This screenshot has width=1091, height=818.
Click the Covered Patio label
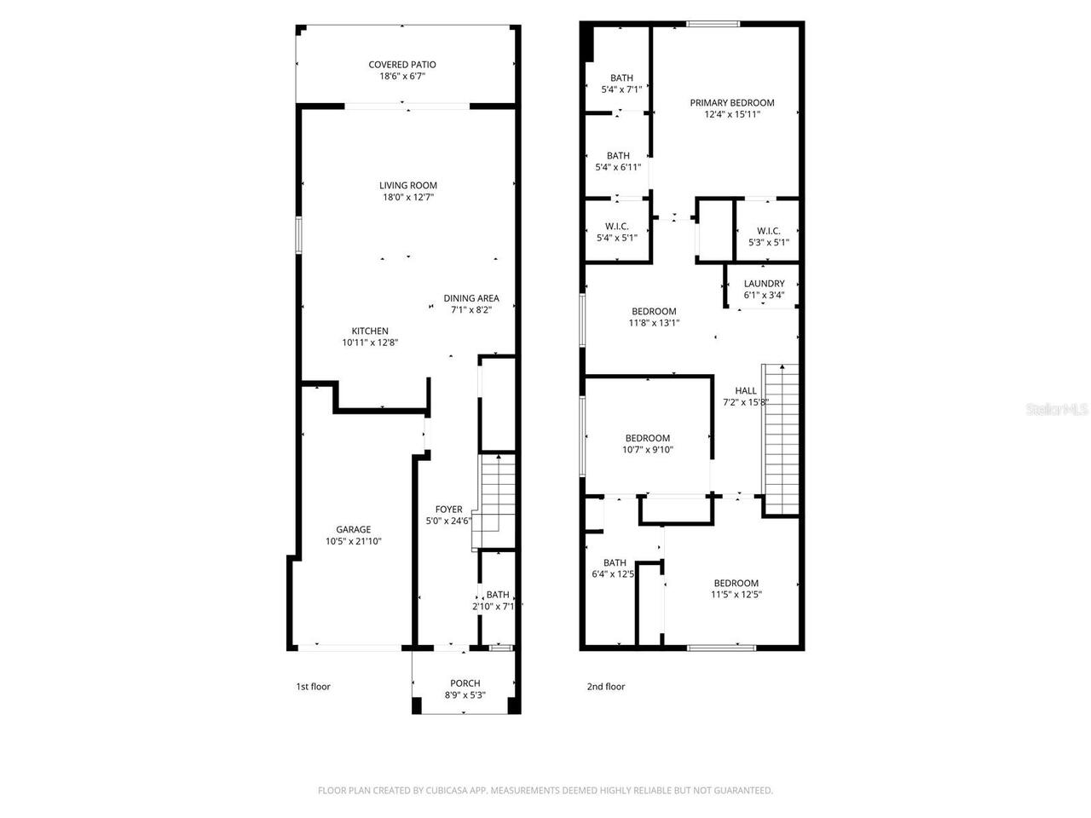tap(401, 65)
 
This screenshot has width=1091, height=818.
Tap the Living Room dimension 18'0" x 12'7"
tap(409, 198)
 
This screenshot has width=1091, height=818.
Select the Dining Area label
tap(471, 298)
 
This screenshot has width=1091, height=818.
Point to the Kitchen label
tap(370, 331)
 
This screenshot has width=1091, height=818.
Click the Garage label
tap(353, 529)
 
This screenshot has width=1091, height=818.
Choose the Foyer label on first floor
tap(448, 510)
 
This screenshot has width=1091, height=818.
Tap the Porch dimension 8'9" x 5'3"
tap(465, 695)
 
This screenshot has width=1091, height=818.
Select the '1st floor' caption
tap(313, 687)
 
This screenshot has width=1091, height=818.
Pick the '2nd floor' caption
tap(605, 687)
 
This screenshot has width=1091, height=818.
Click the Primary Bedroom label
tap(732, 103)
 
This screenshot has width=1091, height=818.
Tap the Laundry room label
tap(764, 284)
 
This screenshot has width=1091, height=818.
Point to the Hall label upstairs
tap(746, 391)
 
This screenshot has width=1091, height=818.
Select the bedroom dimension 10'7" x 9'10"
tap(648, 450)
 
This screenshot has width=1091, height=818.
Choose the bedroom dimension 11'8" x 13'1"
tap(654, 323)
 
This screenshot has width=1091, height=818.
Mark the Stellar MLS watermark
tap(1057, 410)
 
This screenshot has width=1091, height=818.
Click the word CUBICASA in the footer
tap(447, 791)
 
